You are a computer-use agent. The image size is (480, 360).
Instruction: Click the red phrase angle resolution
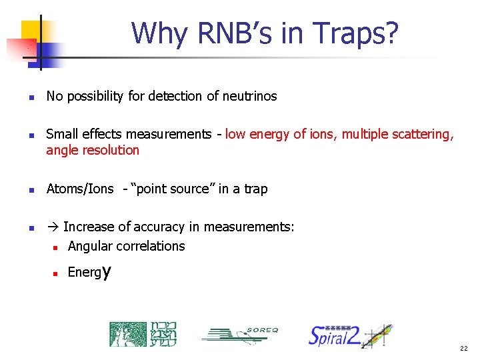point(93,150)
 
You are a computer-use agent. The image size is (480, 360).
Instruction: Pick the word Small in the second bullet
point(61,135)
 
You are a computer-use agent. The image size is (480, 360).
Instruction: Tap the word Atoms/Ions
point(80,189)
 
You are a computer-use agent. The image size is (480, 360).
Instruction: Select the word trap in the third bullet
point(255,189)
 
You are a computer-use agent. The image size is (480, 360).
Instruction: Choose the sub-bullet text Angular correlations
point(126,247)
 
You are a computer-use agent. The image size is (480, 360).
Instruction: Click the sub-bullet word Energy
point(89,273)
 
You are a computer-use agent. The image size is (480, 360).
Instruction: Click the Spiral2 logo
point(350,335)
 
